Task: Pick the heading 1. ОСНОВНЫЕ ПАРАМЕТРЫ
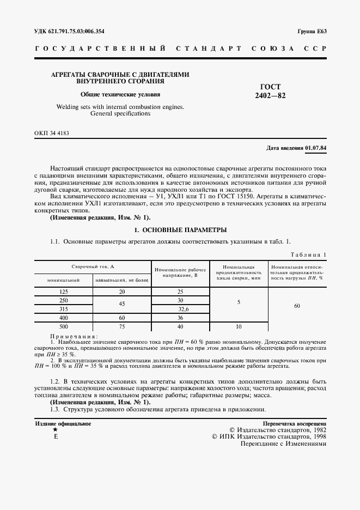[180, 229]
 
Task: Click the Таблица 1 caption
[309, 254]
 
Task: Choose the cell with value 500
[64, 327]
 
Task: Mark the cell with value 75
[122, 327]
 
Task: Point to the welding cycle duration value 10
[239, 327]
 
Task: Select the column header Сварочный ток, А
[93, 266]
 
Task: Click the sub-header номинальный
[64, 280]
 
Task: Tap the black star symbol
[55, 430]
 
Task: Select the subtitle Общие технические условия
[120, 94]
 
